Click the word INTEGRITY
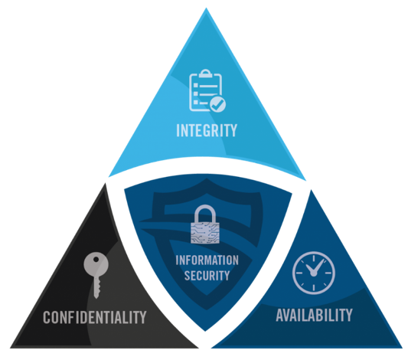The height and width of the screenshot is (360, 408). [207, 130]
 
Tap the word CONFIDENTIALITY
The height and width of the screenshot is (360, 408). [95, 317]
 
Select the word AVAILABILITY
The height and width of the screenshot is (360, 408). [314, 315]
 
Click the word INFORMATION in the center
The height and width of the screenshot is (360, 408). [207, 260]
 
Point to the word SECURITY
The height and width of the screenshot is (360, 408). [207, 276]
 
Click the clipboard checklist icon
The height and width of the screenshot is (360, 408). [207, 90]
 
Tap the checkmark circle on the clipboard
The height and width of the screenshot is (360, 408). [218, 105]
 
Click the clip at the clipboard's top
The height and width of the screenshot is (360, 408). [206, 74]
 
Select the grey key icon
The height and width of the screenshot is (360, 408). [96, 275]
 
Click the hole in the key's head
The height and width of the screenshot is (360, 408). [96, 259]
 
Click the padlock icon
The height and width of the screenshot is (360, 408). [205, 224]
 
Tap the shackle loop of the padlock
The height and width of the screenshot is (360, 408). [205, 214]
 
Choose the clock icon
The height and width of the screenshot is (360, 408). [314, 273]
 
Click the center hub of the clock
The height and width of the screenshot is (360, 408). [314, 273]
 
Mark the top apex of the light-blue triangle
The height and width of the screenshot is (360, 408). [206, 8]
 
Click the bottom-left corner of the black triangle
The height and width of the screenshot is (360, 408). [11, 348]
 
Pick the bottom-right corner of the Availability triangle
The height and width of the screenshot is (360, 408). [402, 348]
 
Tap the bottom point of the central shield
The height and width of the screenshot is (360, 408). [205, 331]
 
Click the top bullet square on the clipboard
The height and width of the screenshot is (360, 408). [196, 85]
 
